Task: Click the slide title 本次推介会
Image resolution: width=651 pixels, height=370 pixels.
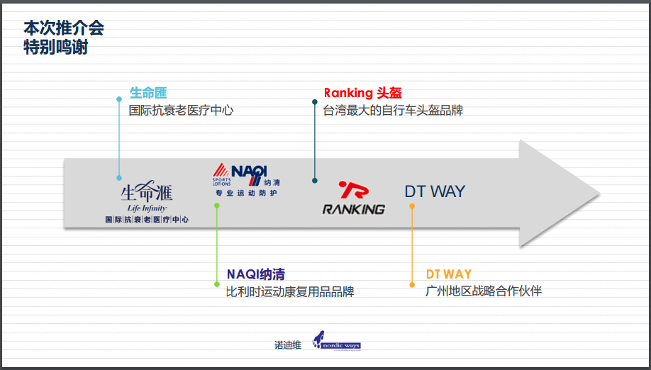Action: (x=64, y=28)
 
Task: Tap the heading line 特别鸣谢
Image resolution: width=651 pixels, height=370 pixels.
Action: (x=56, y=47)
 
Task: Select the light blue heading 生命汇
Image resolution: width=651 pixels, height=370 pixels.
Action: (x=148, y=93)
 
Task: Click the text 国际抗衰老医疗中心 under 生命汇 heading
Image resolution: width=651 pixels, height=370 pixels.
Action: (x=181, y=111)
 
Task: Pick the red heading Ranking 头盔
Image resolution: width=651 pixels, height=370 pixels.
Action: (x=362, y=93)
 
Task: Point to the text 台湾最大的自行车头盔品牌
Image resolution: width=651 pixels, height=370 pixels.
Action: (x=393, y=111)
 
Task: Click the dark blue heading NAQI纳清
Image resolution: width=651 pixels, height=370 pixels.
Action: (x=256, y=274)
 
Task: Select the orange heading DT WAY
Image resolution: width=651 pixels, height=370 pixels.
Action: (x=449, y=274)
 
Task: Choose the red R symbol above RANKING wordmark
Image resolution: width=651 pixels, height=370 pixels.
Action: (x=353, y=191)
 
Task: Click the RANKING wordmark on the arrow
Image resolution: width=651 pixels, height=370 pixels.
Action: (x=354, y=209)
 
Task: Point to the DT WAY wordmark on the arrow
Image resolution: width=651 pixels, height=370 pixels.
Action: (x=435, y=191)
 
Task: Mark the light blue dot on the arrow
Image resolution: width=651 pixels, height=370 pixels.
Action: (x=119, y=178)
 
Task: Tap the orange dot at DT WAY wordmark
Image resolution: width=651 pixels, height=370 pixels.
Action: (x=411, y=206)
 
